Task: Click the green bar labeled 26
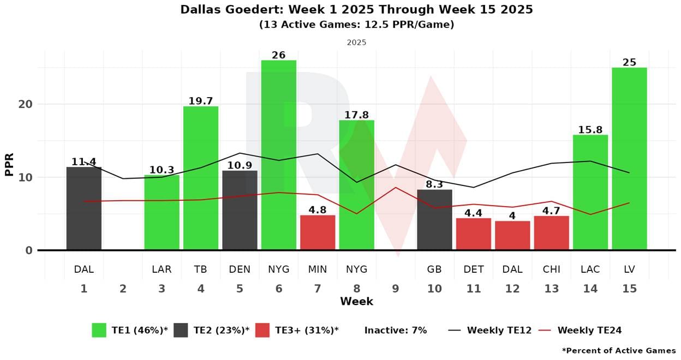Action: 279,155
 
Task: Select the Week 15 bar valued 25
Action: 629,159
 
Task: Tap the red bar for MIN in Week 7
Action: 318,232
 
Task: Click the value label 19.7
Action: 201,100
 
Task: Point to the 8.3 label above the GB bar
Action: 434,184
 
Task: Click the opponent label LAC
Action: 590,269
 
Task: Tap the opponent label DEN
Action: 240,269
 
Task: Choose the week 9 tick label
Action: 396,289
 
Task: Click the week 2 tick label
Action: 123,289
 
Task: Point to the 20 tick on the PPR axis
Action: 26,104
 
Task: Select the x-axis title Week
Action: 356,302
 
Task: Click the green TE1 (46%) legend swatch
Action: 99,330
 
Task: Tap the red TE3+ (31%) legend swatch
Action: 262,330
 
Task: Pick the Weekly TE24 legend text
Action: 589,330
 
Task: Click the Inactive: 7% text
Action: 396,330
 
